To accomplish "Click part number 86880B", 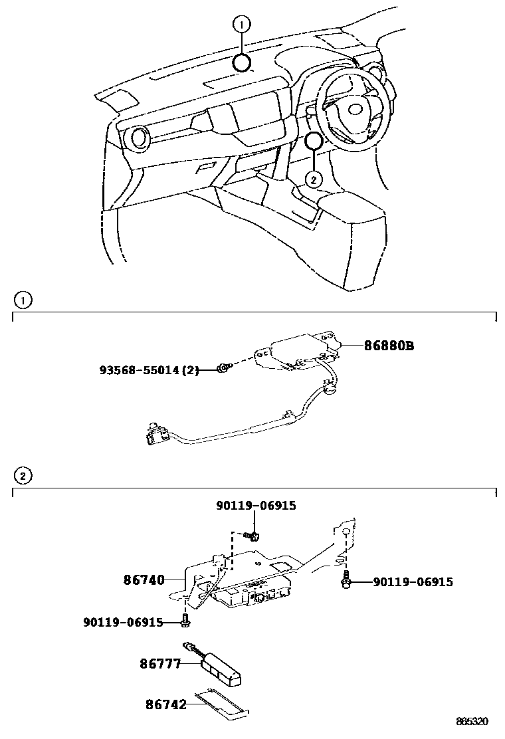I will (x=389, y=346).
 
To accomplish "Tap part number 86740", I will (x=144, y=580).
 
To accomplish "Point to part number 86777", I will (x=160, y=663).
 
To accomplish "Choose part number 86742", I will (x=165, y=703).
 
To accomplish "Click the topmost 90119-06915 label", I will (x=256, y=506).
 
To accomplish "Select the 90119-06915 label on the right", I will (x=413, y=581).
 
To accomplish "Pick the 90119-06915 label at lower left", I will (x=124, y=622).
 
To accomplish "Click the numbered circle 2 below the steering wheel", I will (x=314, y=178).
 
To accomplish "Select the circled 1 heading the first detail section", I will (x=23, y=300).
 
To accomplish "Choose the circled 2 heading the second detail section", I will (x=23, y=476).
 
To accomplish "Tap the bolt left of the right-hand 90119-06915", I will (x=346, y=581).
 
